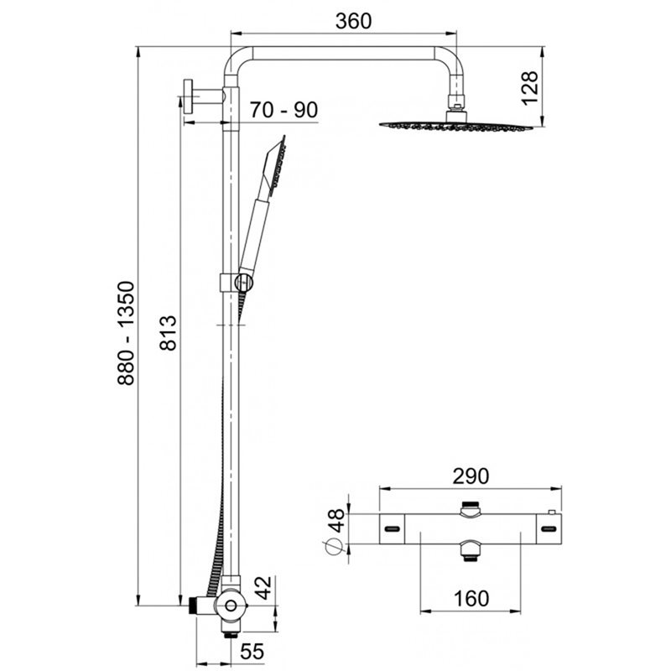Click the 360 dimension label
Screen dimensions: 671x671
(x=353, y=22)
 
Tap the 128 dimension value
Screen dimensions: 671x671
(x=529, y=88)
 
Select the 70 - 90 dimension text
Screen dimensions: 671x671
(x=283, y=110)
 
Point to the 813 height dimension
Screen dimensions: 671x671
(x=168, y=333)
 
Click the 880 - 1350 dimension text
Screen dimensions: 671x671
(x=127, y=333)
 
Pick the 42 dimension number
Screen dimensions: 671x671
(x=263, y=588)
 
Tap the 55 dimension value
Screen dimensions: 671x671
(x=252, y=652)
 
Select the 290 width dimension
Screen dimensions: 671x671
(x=471, y=476)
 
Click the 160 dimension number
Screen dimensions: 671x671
(x=471, y=599)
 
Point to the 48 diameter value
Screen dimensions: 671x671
(x=336, y=520)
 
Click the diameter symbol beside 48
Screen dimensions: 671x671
(x=334, y=547)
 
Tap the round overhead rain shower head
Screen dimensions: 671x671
(x=456, y=125)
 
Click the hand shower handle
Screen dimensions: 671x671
(x=255, y=236)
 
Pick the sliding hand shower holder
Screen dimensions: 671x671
(x=237, y=283)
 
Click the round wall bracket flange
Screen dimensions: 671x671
(x=187, y=96)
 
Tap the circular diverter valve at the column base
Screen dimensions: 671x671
(x=231, y=606)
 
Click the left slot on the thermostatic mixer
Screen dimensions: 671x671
(x=392, y=529)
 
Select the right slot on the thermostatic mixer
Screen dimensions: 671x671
(x=549, y=529)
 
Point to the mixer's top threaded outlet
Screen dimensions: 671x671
(x=471, y=508)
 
